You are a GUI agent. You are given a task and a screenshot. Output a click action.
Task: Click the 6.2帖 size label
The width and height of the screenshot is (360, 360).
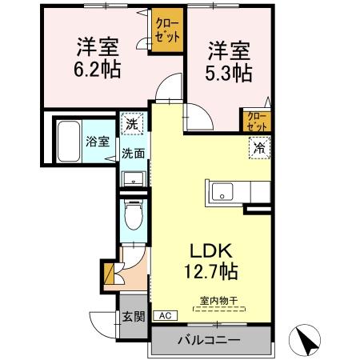[98, 70]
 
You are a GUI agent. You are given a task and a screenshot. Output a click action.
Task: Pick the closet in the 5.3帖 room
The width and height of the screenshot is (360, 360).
[257, 121]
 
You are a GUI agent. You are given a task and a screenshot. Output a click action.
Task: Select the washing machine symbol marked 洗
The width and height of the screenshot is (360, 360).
[132, 125]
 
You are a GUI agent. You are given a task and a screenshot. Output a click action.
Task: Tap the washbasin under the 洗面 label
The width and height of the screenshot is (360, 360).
[133, 177]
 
